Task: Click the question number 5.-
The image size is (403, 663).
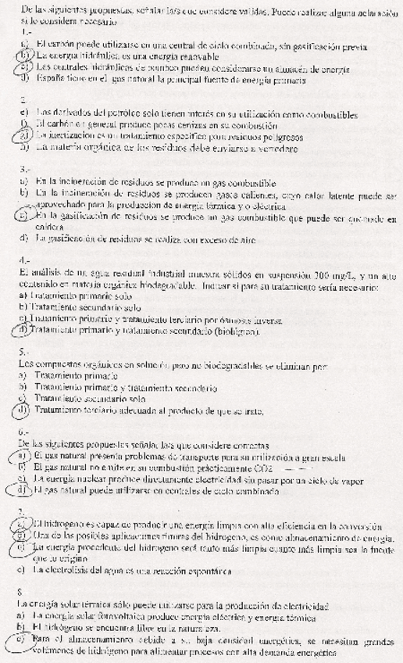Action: tap(24, 352)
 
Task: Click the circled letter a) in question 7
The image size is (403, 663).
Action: tap(26, 522)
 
